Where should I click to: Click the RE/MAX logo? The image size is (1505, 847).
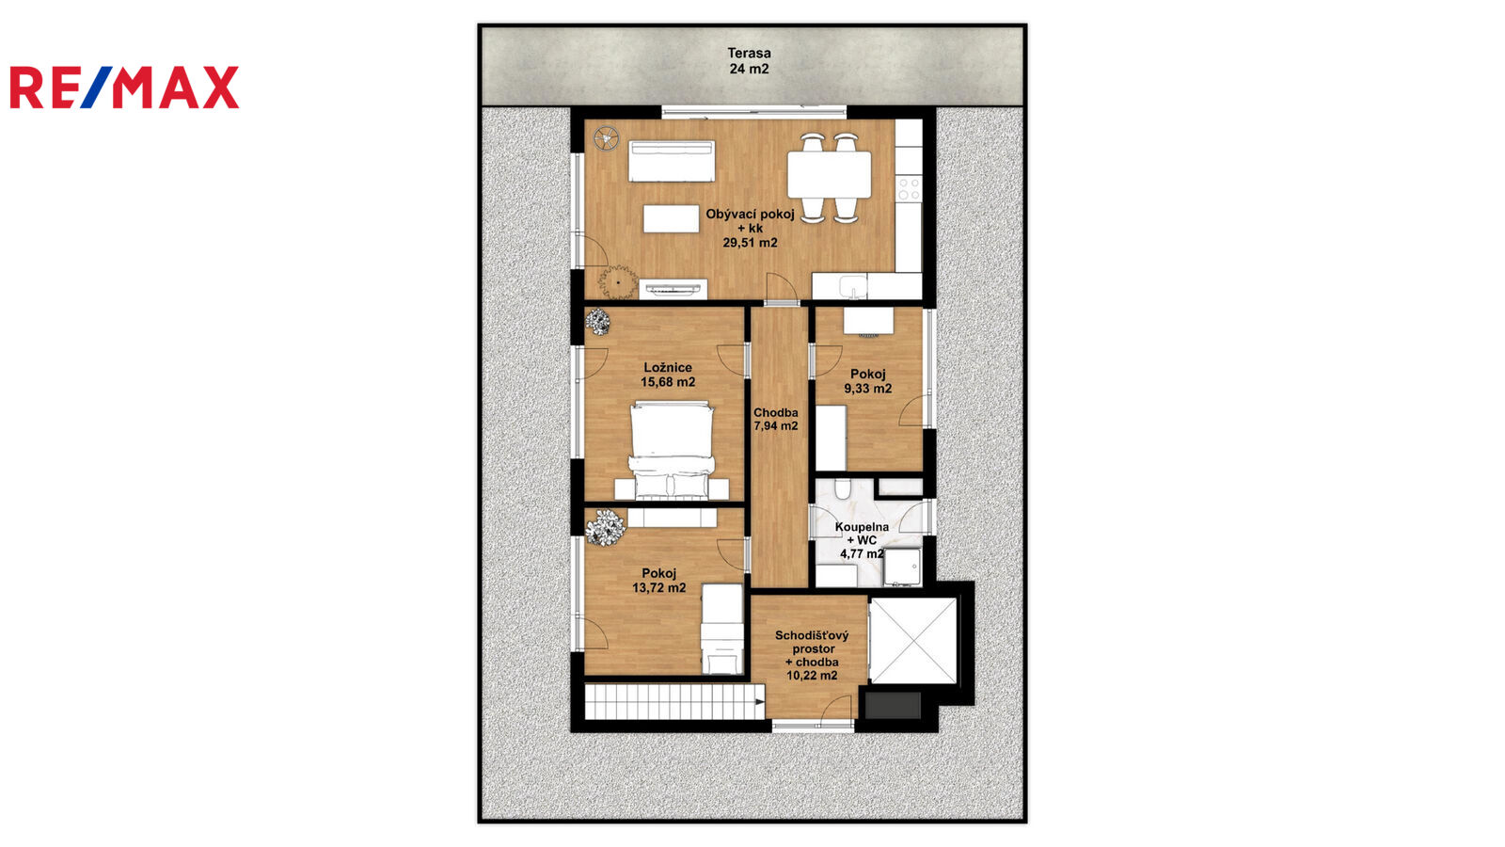pyautogui.click(x=124, y=88)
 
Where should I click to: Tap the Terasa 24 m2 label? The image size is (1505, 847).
pyautogui.click(x=749, y=60)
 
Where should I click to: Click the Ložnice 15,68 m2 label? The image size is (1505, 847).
pyautogui.click(x=668, y=376)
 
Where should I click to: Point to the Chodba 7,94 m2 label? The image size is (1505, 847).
pyautogui.click(x=776, y=420)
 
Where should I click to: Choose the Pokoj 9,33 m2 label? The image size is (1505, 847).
pyautogui.click(x=868, y=381)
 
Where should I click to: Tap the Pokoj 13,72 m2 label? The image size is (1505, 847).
pyautogui.click(x=659, y=580)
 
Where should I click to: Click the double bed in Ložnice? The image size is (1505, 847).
pyautogui.click(x=672, y=451)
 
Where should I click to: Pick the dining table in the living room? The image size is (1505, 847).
pyautogui.click(x=829, y=175)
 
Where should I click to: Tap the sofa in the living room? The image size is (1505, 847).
pyautogui.click(x=672, y=161)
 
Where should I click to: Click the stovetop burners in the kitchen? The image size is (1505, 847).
pyautogui.click(x=909, y=188)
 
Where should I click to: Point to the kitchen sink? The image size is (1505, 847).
pyautogui.click(x=853, y=287)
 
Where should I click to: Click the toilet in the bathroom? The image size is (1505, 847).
pyautogui.click(x=843, y=488)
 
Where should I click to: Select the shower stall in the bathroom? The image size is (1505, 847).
pyautogui.click(x=902, y=567)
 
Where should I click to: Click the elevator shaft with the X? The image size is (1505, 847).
pyautogui.click(x=913, y=641)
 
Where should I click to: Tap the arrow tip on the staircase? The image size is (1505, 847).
pyautogui.click(x=764, y=702)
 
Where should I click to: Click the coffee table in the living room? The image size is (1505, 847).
pyautogui.click(x=672, y=219)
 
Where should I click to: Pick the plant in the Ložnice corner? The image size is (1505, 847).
pyautogui.click(x=597, y=321)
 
